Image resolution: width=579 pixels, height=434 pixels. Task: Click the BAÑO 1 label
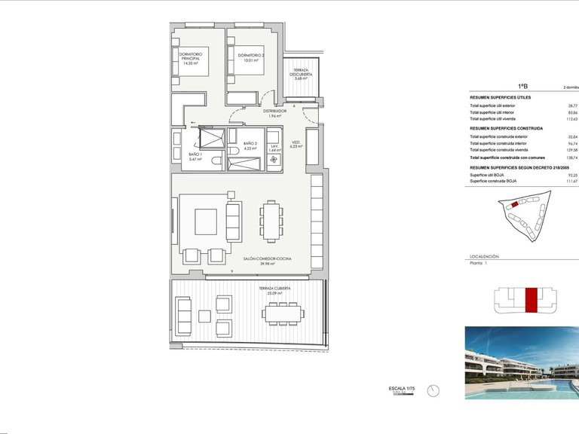point(195,157)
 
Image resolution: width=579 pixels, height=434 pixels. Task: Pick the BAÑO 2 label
point(250,145)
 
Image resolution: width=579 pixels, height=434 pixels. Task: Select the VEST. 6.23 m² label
point(296,144)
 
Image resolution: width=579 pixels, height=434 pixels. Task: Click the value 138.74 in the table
point(571,156)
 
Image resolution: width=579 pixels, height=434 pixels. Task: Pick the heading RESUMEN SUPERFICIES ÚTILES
point(500,98)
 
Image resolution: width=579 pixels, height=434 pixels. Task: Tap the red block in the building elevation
point(532,299)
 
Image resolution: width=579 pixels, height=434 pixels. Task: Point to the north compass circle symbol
point(433,390)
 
